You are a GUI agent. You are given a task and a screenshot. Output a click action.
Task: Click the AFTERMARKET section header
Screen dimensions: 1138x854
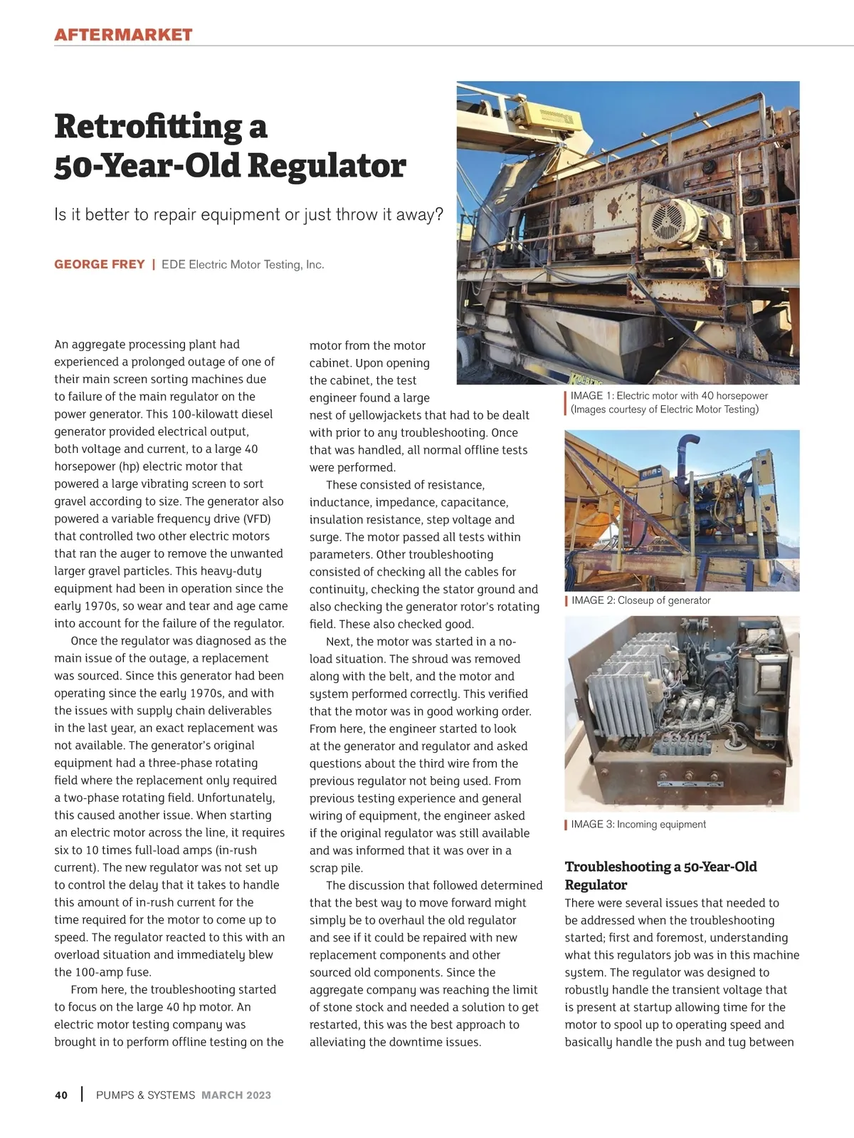click(123, 35)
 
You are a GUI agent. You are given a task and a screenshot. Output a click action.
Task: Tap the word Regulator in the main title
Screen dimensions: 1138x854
click(327, 165)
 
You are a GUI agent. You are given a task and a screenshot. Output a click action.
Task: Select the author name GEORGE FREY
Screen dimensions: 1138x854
click(100, 264)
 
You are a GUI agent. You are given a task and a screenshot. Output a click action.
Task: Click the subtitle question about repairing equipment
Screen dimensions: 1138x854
click(248, 214)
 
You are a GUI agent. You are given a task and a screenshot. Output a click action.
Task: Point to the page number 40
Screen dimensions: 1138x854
click(61, 1095)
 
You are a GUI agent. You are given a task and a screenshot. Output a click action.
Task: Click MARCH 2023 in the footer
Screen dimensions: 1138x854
click(236, 1095)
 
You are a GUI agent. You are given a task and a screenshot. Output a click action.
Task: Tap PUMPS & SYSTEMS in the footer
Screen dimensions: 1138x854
click(145, 1095)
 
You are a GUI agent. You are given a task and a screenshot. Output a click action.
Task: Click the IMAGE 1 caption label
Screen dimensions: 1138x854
click(592, 396)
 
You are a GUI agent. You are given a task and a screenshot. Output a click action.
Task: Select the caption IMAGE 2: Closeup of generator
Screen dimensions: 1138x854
click(640, 600)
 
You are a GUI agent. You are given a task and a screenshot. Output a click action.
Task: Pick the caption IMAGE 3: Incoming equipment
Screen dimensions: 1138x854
click(638, 825)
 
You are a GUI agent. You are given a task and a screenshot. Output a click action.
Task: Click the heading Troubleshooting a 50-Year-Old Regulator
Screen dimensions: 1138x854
click(660, 875)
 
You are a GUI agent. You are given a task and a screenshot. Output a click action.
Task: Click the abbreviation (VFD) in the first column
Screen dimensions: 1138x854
click(256, 518)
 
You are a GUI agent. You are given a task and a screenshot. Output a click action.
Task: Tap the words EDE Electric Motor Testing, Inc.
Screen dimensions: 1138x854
click(243, 264)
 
